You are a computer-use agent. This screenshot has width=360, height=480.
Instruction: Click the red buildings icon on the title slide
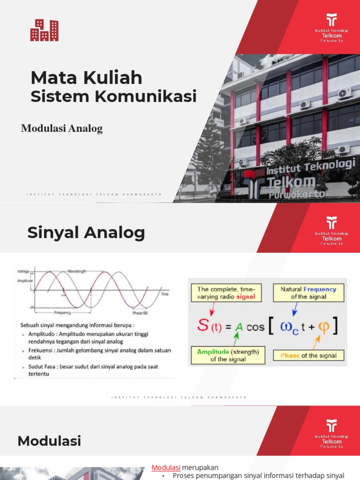44,30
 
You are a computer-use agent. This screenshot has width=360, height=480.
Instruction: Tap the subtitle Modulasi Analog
61,128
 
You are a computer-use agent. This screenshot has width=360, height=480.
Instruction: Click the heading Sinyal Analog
86,232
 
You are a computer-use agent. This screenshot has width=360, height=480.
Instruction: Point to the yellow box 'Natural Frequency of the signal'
308,293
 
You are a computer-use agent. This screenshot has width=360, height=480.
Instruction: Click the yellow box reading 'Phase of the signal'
308,355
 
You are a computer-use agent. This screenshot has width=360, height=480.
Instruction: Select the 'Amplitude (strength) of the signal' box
228,355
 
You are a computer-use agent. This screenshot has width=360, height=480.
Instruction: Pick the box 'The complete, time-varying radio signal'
226,293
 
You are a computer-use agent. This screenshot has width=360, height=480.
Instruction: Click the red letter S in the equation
203,325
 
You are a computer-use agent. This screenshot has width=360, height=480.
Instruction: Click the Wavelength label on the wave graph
77,271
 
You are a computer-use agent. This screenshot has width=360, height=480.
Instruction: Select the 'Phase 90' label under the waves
140,313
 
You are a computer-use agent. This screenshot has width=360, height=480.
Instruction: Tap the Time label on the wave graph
165,294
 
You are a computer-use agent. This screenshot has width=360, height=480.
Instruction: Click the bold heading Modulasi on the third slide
49,441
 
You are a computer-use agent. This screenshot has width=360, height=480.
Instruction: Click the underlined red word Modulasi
166,467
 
